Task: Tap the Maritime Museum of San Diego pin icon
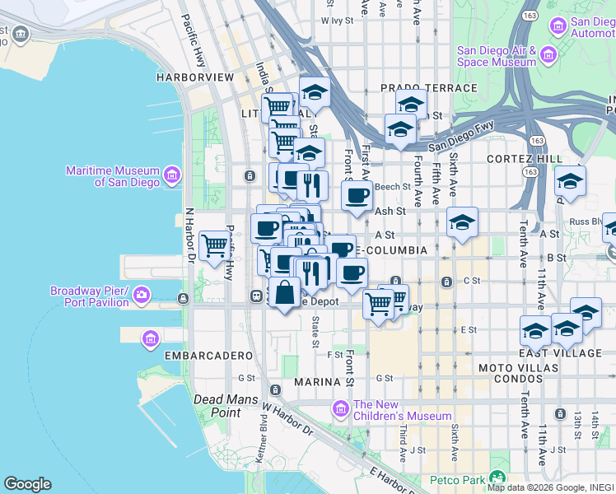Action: coord(171,175)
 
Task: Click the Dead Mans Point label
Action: coord(217,405)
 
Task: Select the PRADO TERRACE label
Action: coord(428,88)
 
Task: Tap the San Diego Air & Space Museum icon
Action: coord(549,55)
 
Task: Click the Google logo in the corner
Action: coord(27,484)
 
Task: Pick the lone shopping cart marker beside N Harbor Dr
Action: coord(215,245)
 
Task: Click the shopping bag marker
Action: coord(284,293)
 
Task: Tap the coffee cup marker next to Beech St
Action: coord(357,196)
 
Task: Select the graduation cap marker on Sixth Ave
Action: coord(463,222)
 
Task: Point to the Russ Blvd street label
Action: coord(586,221)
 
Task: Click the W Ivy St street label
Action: coord(336,20)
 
